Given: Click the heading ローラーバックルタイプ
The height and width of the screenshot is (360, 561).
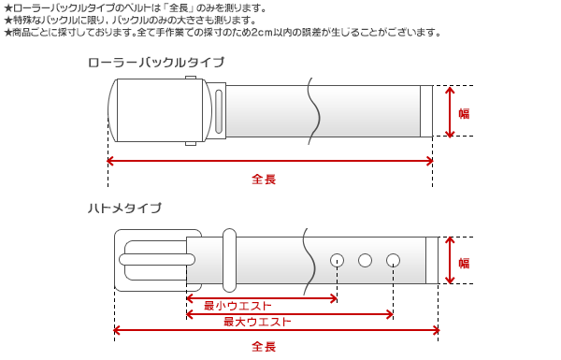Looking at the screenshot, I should coord(155,63).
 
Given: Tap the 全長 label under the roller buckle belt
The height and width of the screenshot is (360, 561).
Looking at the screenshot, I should coord(265,178).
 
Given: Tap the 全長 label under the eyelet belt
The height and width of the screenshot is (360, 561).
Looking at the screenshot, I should coord(265,347).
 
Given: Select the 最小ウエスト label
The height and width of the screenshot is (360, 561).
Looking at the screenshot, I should coord(237,306).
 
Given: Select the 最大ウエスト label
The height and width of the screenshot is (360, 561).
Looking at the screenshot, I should coord(256,322).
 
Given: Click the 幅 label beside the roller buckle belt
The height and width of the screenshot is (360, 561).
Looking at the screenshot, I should coord(464,113).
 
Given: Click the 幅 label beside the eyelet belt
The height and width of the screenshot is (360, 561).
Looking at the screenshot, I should coord(464,263).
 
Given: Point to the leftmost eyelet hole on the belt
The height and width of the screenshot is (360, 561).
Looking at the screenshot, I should coord(337,259).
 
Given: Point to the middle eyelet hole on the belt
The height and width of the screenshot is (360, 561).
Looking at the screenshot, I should coord(366,259).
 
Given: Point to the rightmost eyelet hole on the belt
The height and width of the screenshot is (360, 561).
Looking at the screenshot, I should coord(394,259).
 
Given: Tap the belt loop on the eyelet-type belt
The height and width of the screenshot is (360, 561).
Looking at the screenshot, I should coord(228,258).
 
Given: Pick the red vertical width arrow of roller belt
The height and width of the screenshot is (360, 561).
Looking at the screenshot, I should coord(451,112).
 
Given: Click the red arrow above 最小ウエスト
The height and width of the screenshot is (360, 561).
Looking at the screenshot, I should coord(262,298).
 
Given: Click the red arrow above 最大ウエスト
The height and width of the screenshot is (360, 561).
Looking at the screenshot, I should coord(290,314).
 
